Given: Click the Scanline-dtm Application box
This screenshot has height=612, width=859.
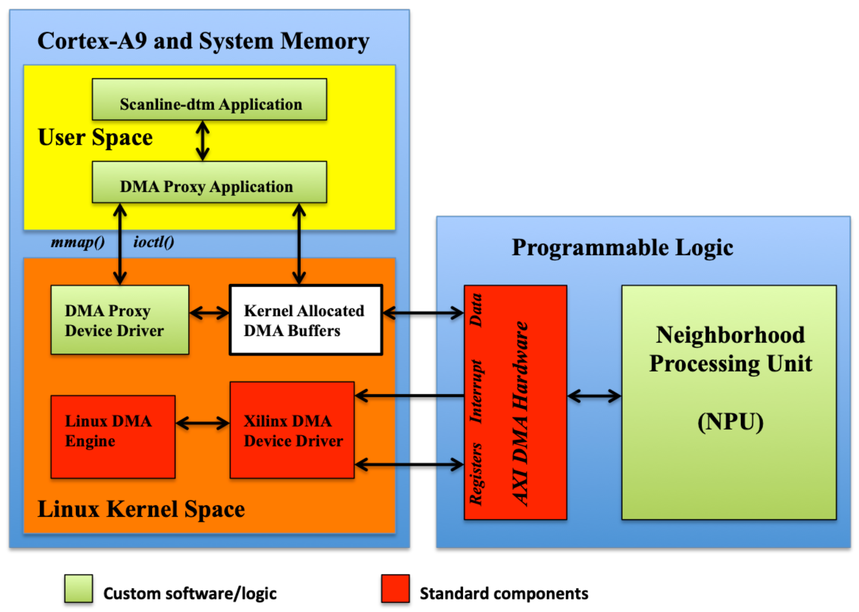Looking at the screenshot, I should point(209,100).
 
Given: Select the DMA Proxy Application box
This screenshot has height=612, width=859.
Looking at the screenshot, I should point(209,182).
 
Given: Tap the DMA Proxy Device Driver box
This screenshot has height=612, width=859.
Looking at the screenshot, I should point(120,320).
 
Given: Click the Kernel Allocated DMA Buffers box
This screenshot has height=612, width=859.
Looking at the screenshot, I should point(306,320).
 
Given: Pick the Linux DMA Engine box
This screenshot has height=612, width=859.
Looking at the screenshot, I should point(113,437).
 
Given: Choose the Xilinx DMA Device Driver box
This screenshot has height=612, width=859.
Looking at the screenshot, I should point(292,430).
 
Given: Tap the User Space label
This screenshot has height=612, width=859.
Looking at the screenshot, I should point(95,138).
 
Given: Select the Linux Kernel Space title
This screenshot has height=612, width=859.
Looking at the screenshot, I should point(141,510).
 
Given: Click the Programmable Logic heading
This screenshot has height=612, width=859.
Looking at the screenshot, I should point(622,248).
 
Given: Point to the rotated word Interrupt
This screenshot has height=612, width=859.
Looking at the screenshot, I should point(476,392).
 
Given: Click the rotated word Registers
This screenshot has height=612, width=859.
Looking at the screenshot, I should point(476,474).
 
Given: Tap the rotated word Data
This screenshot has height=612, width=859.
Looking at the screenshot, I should point(476,310).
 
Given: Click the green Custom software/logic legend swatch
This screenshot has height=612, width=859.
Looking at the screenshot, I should point(78,588).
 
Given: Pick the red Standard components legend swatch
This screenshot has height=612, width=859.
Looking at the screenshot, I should point(395,588).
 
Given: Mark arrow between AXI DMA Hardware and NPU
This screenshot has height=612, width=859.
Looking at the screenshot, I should point(594,396).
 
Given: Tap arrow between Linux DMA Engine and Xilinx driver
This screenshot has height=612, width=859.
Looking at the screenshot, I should point(203,423).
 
